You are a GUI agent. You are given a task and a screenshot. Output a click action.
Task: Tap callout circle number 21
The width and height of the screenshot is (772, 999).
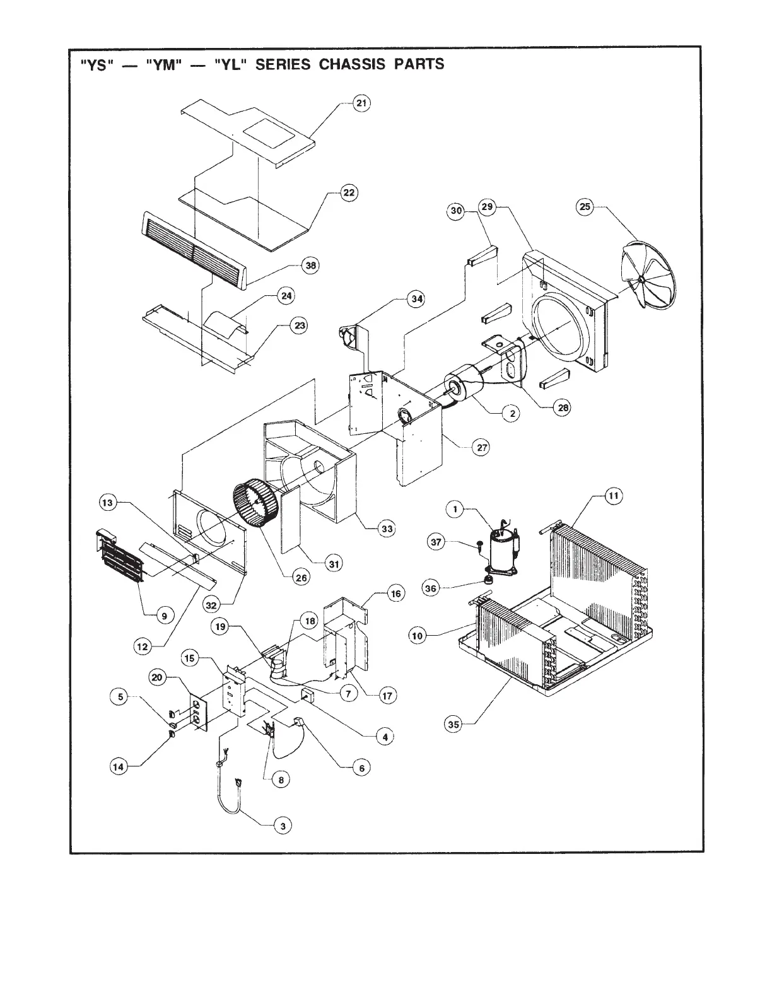361,103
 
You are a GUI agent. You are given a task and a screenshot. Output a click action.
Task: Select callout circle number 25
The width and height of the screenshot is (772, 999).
585,207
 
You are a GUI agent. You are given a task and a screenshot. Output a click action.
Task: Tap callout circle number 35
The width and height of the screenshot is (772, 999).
453,725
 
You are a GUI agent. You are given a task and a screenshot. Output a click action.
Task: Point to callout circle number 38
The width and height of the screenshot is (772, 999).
310,266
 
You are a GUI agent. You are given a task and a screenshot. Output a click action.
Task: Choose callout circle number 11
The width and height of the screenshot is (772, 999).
613,496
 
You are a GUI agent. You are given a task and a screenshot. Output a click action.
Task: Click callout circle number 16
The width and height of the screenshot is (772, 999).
395,593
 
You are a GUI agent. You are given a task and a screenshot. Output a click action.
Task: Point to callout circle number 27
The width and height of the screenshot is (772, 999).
482,447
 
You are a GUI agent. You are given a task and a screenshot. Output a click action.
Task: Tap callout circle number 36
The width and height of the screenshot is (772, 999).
431,588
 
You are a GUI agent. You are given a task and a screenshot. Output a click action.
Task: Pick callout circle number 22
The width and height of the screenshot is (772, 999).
348,193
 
